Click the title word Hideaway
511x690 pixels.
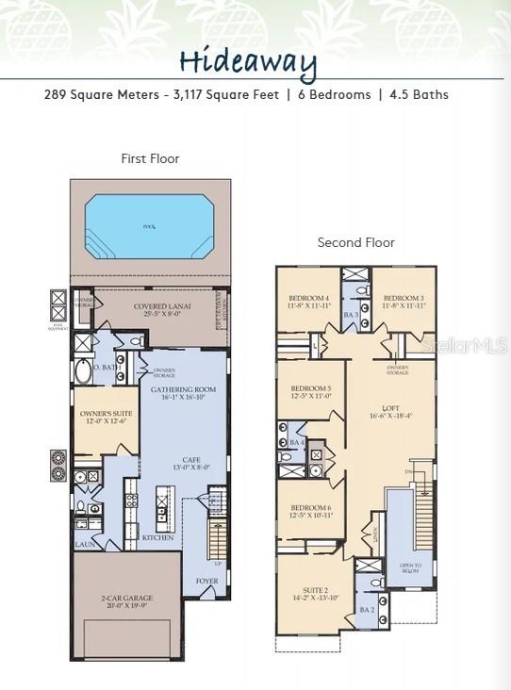click(x=247, y=61)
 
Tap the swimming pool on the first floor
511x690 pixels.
click(x=150, y=227)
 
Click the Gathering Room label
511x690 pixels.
click(x=184, y=389)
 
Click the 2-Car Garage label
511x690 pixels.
click(x=126, y=598)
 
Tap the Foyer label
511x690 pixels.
click(x=206, y=582)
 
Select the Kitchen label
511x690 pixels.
click(x=157, y=538)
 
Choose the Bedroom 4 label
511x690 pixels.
click(x=309, y=298)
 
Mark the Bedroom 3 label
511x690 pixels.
click(x=404, y=298)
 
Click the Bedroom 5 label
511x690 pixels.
click(x=310, y=388)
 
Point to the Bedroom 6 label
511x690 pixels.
click(x=310, y=508)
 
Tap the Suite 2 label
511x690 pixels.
click(x=313, y=590)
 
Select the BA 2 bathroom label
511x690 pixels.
click(x=367, y=610)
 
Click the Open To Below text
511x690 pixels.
click(x=411, y=568)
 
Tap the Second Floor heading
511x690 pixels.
click(x=355, y=242)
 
